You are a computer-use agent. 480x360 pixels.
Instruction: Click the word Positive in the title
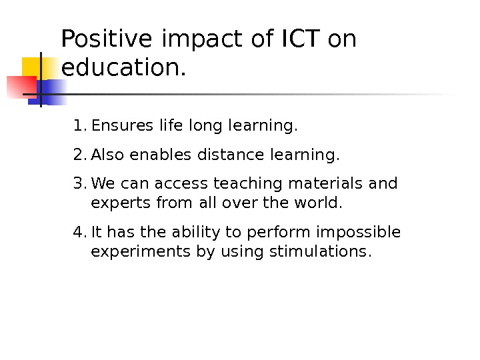(x=106, y=40)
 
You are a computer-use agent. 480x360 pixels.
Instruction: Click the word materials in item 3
(x=325, y=183)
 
